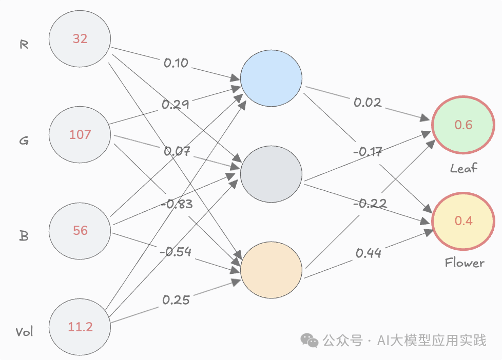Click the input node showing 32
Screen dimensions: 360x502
click(x=80, y=38)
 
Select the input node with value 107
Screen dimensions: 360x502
click(x=80, y=134)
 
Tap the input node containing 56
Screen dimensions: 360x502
click(x=80, y=230)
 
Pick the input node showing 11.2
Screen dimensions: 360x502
click(x=80, y=326)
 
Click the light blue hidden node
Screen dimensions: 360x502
click(x=271, y=77)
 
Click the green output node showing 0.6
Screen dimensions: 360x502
click(x=464, y=125)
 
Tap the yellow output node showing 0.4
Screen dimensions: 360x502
click(x=464, y=221)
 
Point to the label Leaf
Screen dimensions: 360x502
click(x=464, y=168)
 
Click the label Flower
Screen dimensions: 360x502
click(x=464, y=263)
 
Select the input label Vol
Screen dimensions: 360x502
click(x=24, y=332)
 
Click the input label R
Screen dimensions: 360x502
click(x=24, y=45)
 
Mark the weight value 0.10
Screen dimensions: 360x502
click(x=176, y=63)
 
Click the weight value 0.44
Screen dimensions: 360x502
click(x=368, y=252)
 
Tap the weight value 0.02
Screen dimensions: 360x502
click(x=368, y=103)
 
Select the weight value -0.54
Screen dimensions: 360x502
click(x=176, y=252)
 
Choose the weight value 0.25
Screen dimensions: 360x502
click(x=176, y=299)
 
